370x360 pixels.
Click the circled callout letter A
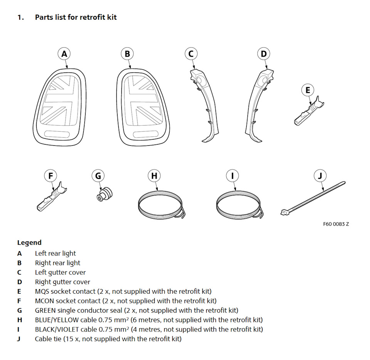click(64, 54)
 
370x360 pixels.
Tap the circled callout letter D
click(264, 54)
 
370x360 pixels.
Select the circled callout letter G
click(98, 176)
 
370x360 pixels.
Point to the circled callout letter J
click(320, 176)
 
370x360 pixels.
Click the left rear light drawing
click(62, 106)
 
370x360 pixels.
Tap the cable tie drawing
click(312, 199)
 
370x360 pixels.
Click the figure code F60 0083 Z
click(336, 224)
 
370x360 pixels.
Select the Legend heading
click(29, 243)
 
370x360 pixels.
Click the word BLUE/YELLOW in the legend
click(57, 320)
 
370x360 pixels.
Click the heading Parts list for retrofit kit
click(76, 17)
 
